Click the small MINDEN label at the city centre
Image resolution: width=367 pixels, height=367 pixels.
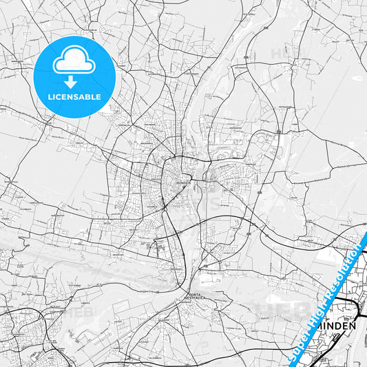coord(182,182)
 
